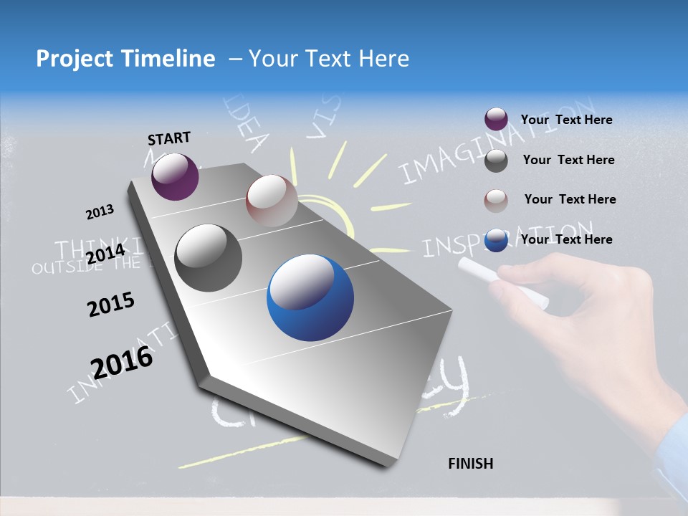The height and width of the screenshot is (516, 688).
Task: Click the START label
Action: pos(169,138)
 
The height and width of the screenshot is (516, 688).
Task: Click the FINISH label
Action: pos(470,464)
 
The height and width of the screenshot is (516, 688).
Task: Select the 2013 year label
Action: pos(100,212)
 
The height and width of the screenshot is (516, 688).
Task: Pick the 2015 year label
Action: pos(111,305)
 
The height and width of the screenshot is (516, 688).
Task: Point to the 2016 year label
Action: pos(122,362)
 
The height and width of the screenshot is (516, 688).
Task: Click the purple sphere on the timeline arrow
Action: pos(175,176)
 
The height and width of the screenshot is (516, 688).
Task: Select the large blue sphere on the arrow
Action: pos(310,298)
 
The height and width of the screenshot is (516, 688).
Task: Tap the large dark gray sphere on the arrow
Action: pos(209,258)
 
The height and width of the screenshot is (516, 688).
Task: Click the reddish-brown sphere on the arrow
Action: pos(272,201)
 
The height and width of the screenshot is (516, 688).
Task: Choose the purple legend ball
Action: pos(496,119)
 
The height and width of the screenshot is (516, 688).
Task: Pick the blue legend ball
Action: pos(496,240)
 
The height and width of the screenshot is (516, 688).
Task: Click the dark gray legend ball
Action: pos(496,161)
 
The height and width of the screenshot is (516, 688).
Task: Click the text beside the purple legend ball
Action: pos(566,120)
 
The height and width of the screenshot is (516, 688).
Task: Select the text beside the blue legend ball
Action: pos(566,239)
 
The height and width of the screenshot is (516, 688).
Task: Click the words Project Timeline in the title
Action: pos(125,59)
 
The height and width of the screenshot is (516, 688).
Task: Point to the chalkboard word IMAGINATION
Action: pos(494,143)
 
